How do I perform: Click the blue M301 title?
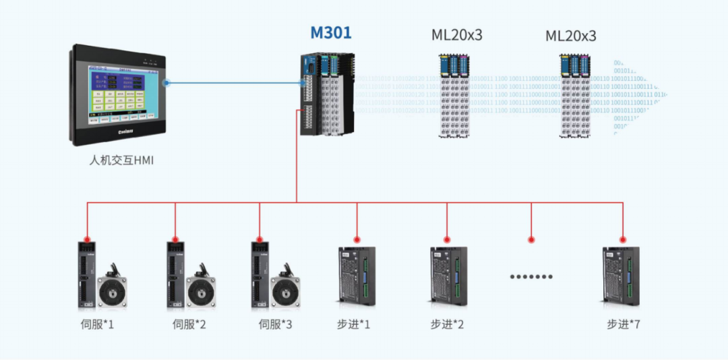pos(330,32)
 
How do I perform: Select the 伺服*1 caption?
pos(97,324)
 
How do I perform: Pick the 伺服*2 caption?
pos(189,324)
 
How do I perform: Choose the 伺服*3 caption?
pos(276,324)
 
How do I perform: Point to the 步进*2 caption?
pos(447,324)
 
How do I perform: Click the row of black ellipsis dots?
pos(531,276)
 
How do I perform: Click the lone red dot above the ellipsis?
pos(531,239)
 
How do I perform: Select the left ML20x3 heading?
pos(457,35)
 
